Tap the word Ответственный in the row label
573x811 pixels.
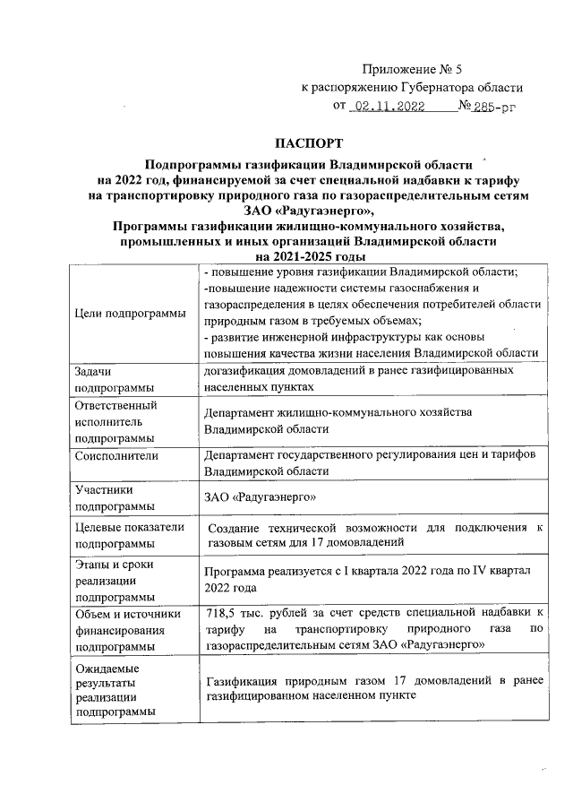click(x=116, y=405)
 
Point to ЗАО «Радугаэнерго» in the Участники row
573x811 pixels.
click(x=261, y=496)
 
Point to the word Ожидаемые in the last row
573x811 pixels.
click(x=112, y=668)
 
